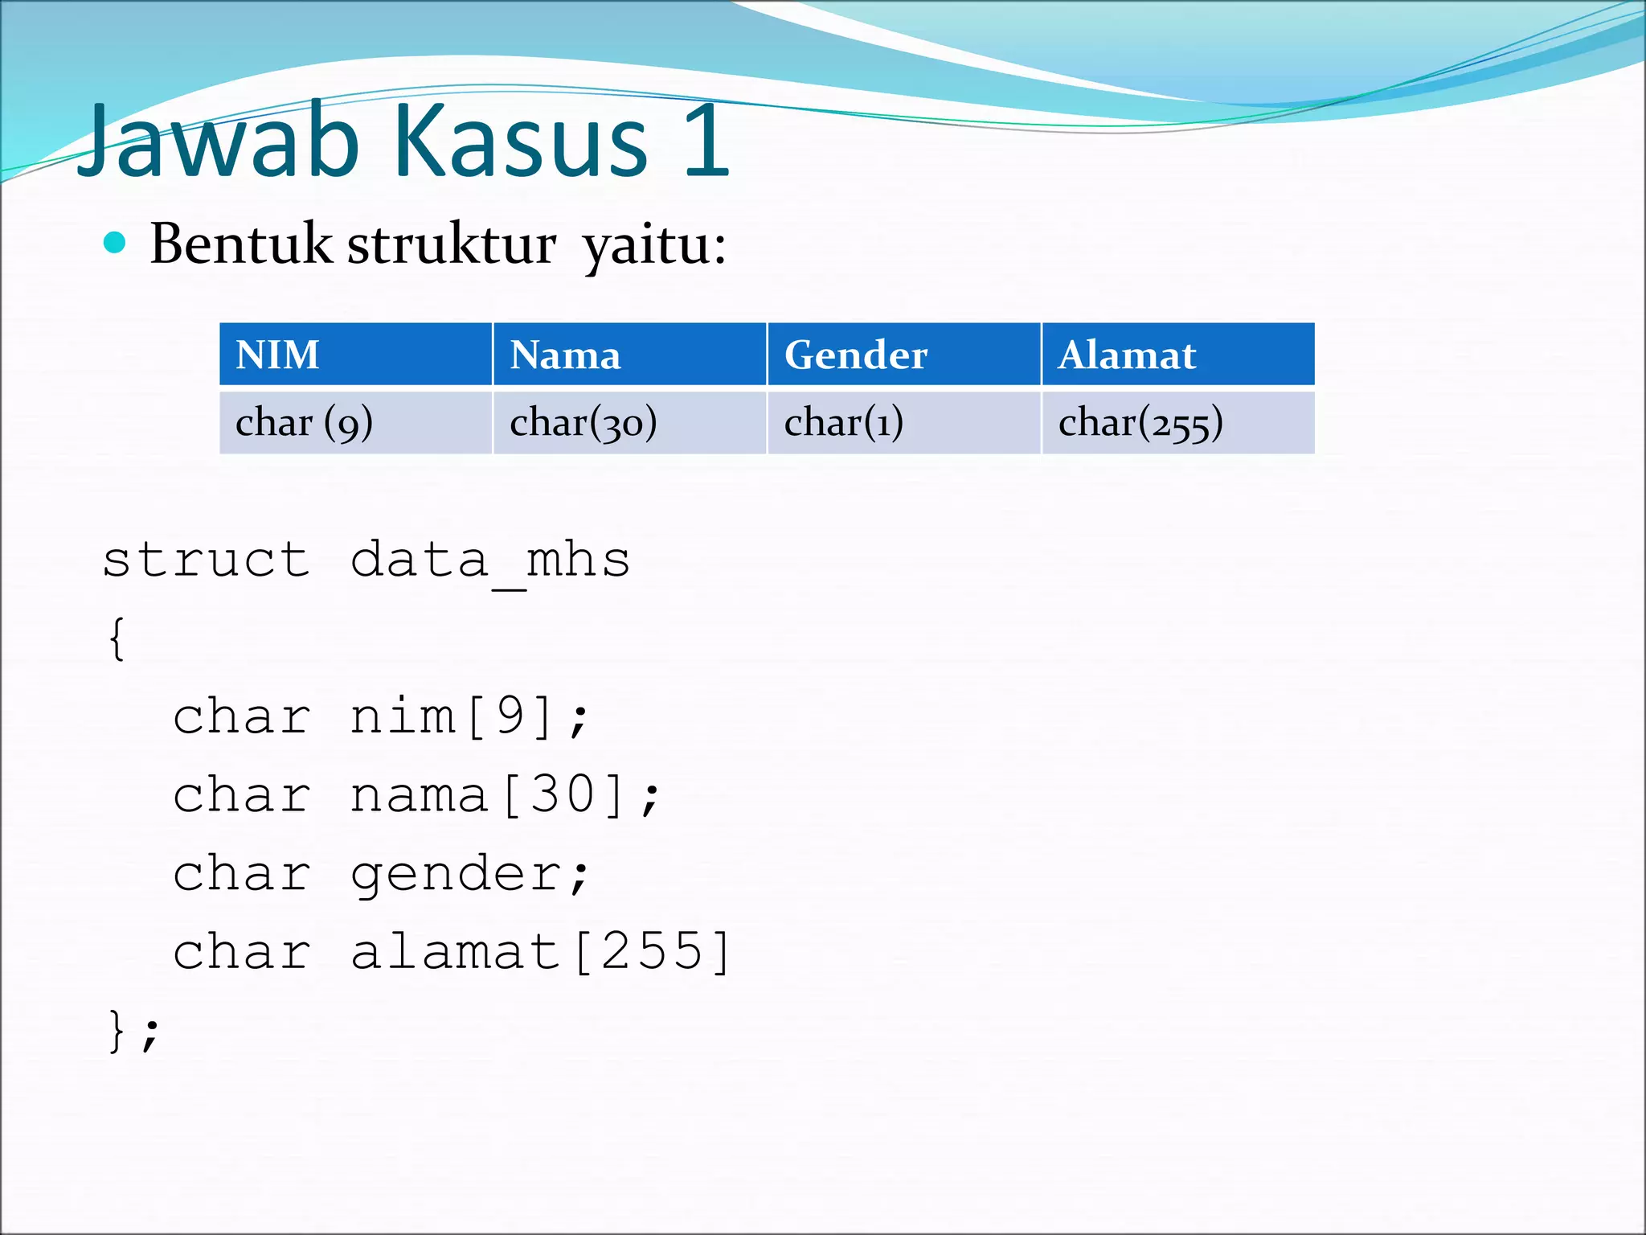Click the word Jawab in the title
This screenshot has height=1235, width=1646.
[x=217, y=143]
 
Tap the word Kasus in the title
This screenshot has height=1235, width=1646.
[x=521, y=143]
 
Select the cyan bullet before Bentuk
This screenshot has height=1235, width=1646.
[x=115, y=243]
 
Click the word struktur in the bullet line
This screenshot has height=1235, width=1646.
[x=451, y=244]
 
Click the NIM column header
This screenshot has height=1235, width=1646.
[x=278, y=355]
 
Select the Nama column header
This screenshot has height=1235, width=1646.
[x=565, y=355]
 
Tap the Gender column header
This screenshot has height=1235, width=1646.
[x=856, y=355]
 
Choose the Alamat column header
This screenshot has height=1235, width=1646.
[x=1127, y=355]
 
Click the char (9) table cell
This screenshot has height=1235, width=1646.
[x=304, y=423]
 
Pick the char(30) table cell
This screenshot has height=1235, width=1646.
[x=583, y=423]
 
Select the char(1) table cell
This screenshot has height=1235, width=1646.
[x=843, y=423]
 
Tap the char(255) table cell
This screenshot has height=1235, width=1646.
[x=1140, y=423]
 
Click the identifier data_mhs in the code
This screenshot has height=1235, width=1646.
[x=490, y=560]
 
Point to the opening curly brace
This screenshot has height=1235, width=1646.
[x=117, y=639]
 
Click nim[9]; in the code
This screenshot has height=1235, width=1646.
[x=470, y=716]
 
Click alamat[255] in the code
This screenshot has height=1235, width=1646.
[x=541, y=952]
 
